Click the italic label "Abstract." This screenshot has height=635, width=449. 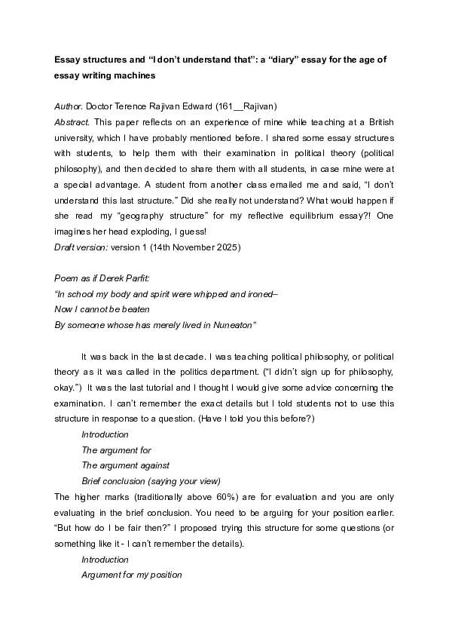pos(73,122)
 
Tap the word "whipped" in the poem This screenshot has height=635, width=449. pos(192,294)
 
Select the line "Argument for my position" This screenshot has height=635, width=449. pos(132,575)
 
